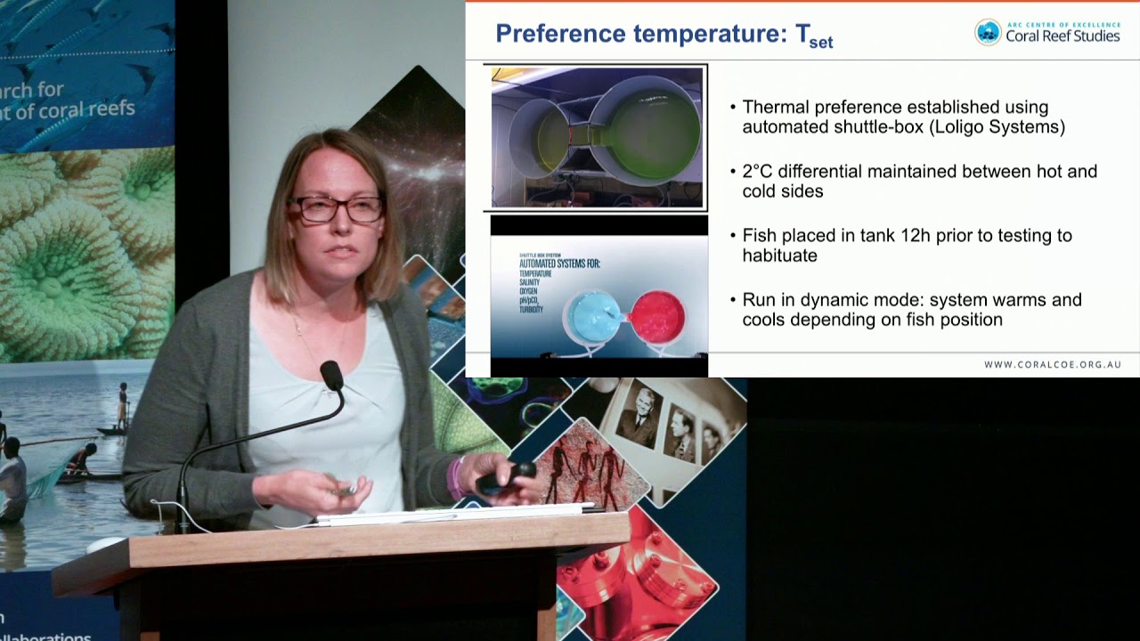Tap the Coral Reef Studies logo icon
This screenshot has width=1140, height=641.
coord(988,32)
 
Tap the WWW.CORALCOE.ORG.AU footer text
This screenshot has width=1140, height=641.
coord(1052,364)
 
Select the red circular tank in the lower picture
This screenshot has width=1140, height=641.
coord(658,316)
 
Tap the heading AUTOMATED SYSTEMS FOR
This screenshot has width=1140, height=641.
coord(559,263)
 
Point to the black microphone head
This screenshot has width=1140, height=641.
coord(331,375)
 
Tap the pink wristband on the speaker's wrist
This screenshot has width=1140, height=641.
coord(456,478)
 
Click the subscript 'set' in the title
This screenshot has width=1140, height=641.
coord(820,42)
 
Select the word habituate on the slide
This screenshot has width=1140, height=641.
coord(779,256)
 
